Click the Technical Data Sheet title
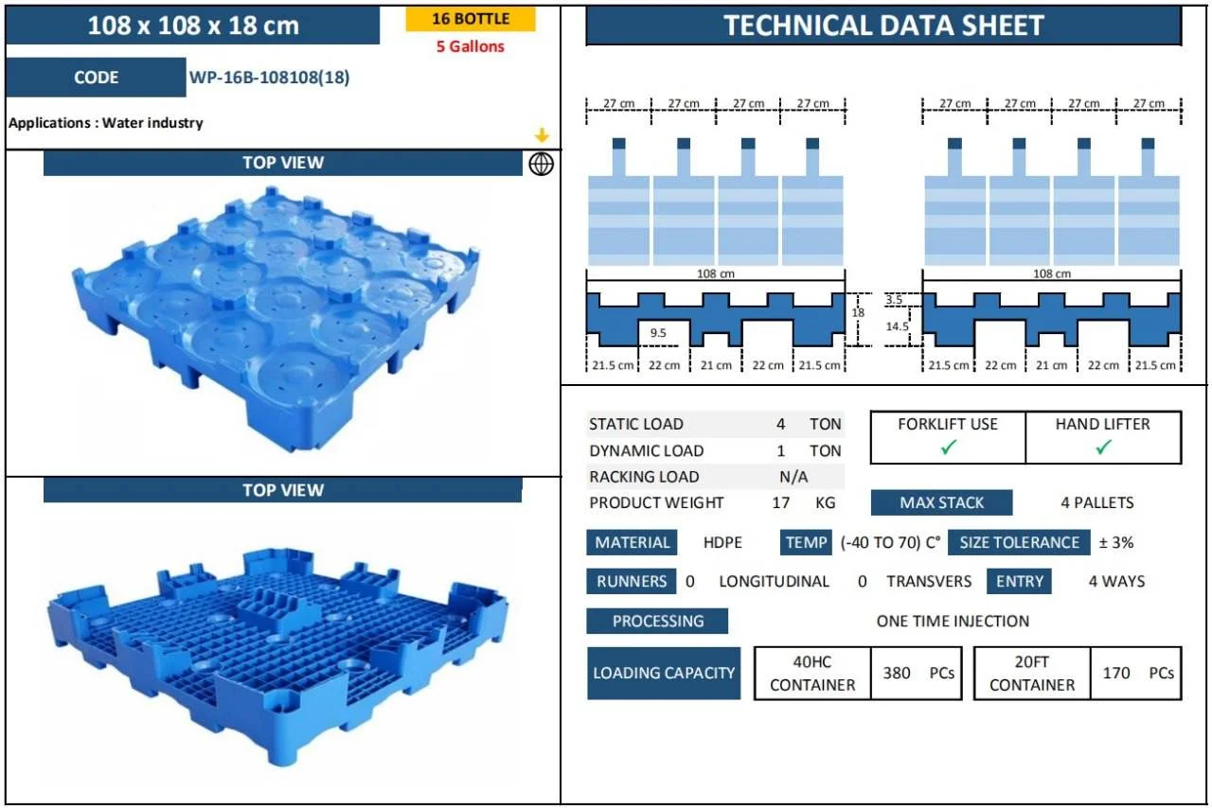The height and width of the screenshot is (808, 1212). (x=883, y=26)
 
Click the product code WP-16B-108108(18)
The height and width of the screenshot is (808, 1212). (x=269, y=78)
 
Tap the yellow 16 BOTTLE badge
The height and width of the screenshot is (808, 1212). (x=471, y=19)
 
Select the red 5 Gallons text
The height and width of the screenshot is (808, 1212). (x=471, y=46)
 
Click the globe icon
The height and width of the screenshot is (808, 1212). (x=541, y=164)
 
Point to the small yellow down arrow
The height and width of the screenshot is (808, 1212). (x=542, y=135)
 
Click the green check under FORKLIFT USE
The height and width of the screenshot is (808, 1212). (x=948, y=448)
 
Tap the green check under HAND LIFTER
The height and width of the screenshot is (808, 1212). (x=1103, y=448)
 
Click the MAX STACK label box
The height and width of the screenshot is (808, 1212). (x=941, y=502)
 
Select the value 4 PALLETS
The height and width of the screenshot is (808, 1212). (x=1096, y=502)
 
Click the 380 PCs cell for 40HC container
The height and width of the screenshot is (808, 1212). (x=916, y=673)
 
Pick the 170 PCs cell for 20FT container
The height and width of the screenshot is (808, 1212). (x=1136, y=673)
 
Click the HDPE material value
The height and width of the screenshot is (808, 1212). (x=722, y=542)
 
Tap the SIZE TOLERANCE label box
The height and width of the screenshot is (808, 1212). (x=1019, y=542)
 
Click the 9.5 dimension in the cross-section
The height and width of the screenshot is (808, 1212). (x=658, y=333)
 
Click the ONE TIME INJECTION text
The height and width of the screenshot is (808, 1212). (x=953, y=621)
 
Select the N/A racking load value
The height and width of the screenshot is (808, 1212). (x=793, y=477)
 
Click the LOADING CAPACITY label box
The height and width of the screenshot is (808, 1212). (x=663, y=673)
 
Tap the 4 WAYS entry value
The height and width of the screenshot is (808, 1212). (x=1116, y=581)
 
